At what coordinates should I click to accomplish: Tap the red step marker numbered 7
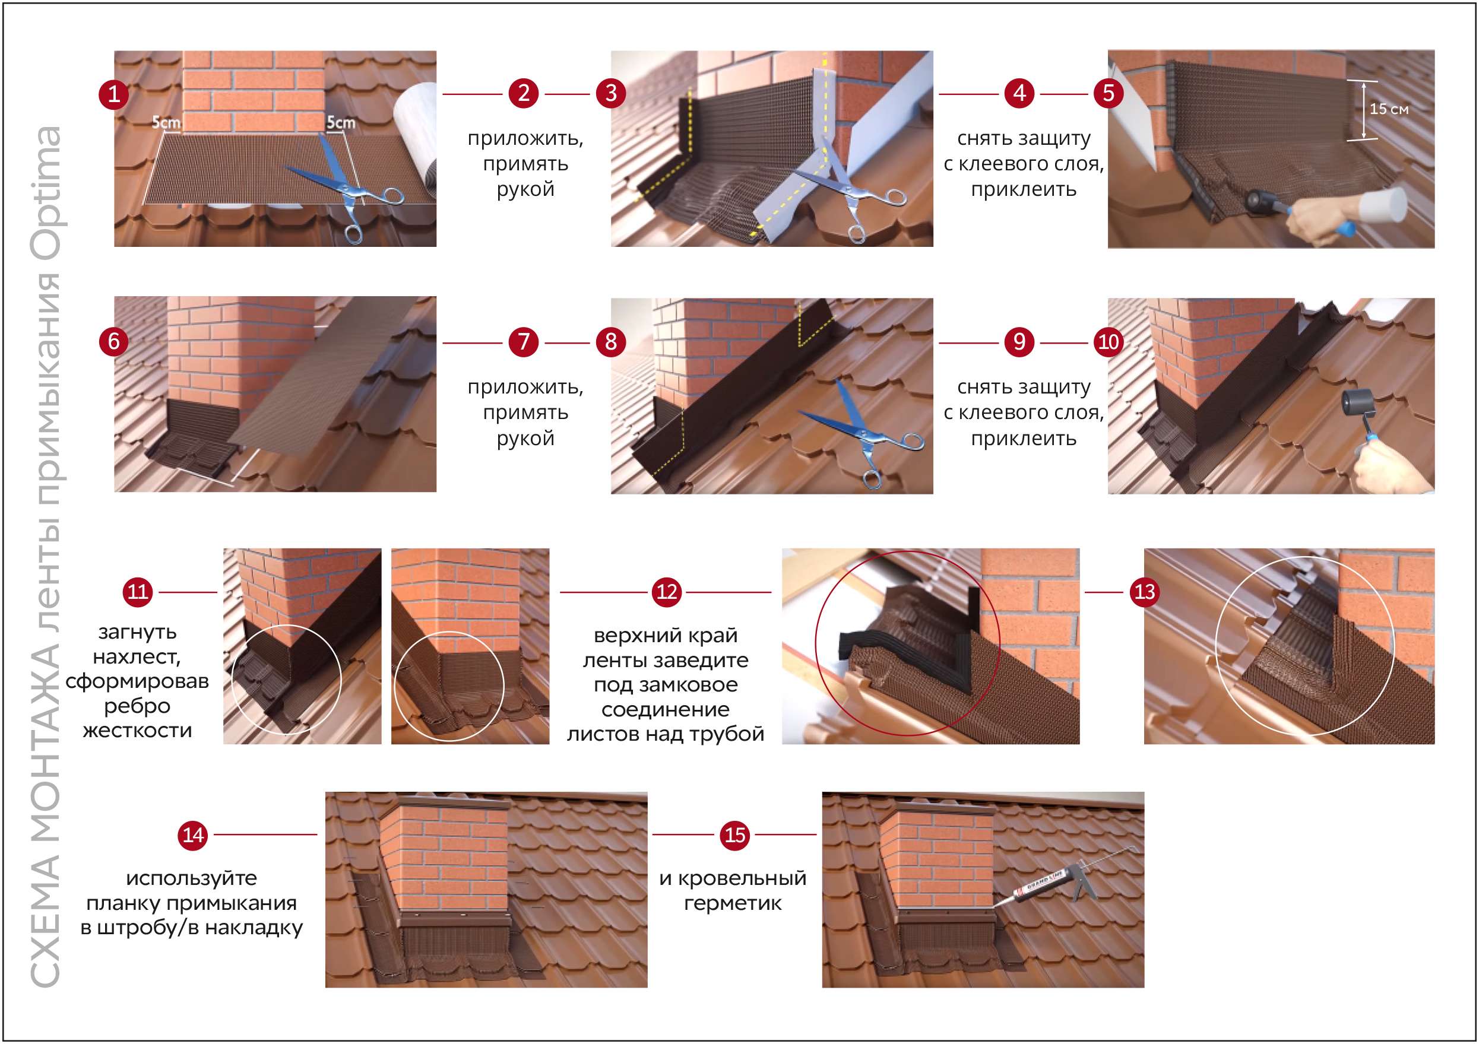tap(523, 341)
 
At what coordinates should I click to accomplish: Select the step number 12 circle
tap(666, 591)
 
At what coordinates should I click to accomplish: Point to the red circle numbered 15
tap(735, 834)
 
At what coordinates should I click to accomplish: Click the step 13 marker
tap(1144, 591)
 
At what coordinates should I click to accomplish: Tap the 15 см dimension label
tap(1389, 109)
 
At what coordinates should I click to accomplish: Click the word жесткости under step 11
tap(137, 731)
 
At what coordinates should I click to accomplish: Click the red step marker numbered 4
tap(1019, 93)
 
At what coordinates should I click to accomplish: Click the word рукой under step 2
tap(525, 190)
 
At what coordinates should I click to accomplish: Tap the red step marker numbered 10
tap(1108, 341)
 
